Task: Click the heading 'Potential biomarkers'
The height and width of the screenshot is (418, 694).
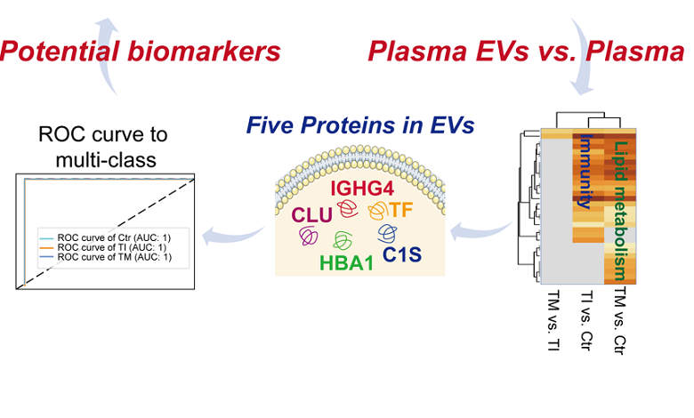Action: [141, 51]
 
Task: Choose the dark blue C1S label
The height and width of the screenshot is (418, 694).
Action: [402, 255]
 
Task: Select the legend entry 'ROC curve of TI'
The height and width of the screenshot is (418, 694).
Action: [109, 248]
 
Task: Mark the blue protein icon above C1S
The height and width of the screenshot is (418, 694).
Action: [388, 232]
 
